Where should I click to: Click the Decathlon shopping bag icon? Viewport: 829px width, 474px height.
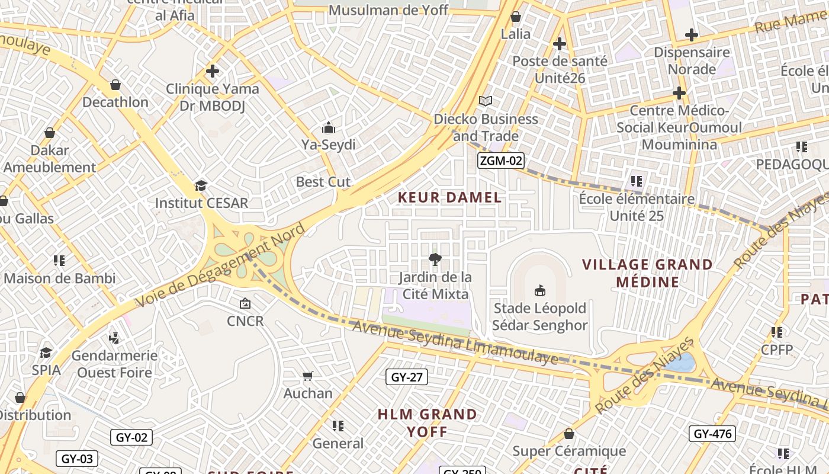tap(115, 85)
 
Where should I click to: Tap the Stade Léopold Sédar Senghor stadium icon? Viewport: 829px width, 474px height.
tap(540, 290)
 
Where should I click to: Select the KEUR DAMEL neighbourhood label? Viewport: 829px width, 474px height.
tap(449, 197)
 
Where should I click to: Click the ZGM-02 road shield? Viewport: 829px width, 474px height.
tap(501, 160)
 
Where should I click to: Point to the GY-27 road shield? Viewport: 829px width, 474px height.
tap(407, 377)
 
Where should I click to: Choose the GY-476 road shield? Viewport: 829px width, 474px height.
tap(712, 434)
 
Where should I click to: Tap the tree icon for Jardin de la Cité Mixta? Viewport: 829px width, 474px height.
tap(435, 260)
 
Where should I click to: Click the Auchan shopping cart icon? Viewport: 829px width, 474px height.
tap(307, 376)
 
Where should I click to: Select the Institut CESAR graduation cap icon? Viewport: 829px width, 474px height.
tap(201, 185)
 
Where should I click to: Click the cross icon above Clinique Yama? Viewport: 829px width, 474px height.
tap(212, 72)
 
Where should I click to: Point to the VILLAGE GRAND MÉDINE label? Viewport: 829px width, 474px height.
tap(647, 273)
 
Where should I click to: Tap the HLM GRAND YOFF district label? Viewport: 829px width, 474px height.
tap(427, 422)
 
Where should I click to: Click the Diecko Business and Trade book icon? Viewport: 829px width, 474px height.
tap(486, 101)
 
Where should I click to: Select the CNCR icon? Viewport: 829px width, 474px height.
tap(245, 303)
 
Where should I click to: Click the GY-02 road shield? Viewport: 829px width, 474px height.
tap(131, 437)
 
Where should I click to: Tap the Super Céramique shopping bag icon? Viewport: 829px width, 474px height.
tap(569, 434)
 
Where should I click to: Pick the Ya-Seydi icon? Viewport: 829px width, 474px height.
tap(328, 127)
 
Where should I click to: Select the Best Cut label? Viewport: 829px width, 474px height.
tap(323, 182)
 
